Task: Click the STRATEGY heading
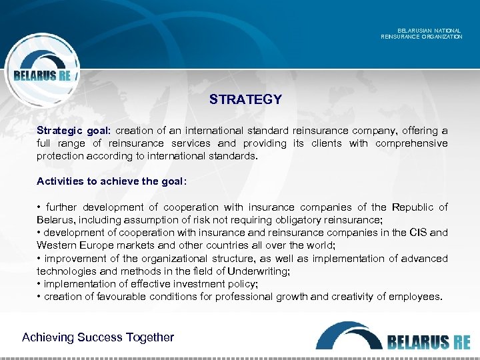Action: click(245, 99)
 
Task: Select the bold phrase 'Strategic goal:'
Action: click(73, 131)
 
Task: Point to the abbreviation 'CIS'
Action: click(419, 233)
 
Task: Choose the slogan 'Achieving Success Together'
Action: click(98, 337)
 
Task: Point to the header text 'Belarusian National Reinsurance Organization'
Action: click(421, 33)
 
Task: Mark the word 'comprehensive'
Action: click(411, 143)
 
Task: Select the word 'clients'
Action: click(327, 143)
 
